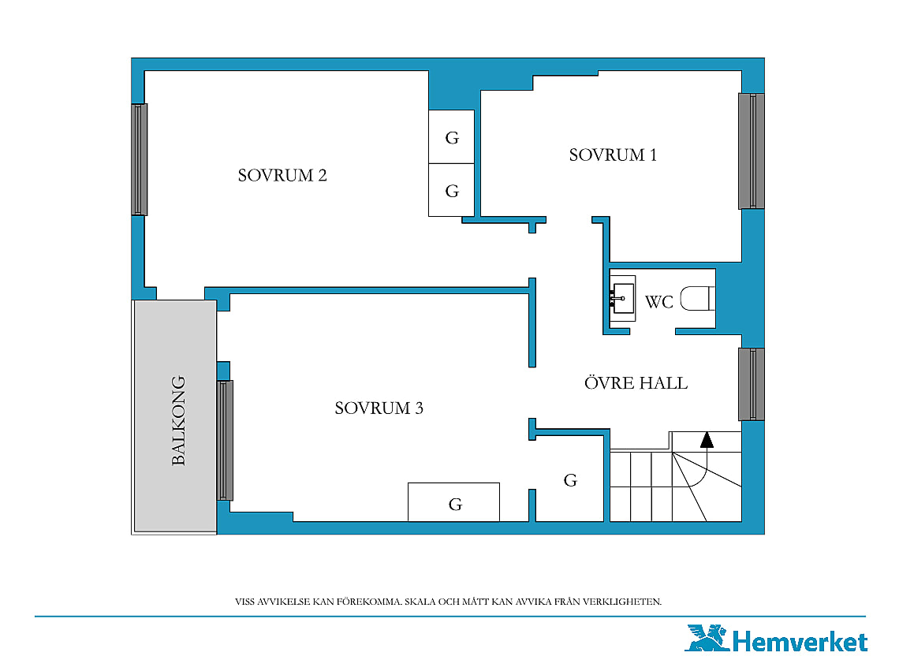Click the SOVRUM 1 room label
coord(612,155)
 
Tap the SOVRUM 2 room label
coord(282,175)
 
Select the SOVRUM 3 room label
coord(379,408)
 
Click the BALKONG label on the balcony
coord(179,420)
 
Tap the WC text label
coord(658,302)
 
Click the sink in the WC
coord(623,298)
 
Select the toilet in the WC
coord(698,299)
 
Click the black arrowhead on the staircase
coord(707,440)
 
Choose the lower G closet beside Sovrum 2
coord(452,190)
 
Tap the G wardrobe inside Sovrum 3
coord(453,502)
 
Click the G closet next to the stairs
coord(569,479)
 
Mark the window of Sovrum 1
coord(751,151)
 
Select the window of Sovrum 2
coord(140,159)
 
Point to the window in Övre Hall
coord(751,384)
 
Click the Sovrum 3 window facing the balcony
coord(225,441)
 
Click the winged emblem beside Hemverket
coord(707,639)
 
